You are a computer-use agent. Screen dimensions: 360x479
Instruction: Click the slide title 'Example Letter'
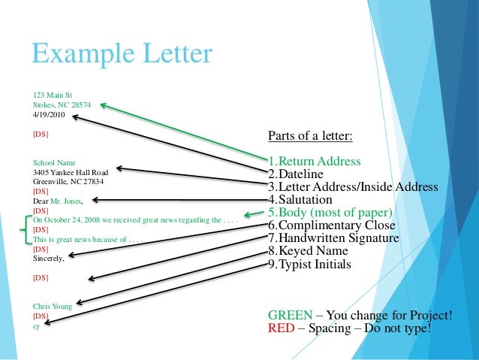pos(122,54)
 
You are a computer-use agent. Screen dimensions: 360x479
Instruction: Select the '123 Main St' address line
pos(52,95)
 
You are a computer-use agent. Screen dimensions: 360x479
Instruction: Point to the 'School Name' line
pos(54,162)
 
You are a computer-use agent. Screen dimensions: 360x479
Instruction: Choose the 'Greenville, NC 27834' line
pos(68,182)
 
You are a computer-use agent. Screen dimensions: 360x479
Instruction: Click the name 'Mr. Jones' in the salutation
pos(67,201)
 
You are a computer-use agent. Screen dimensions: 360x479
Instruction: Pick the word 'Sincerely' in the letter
pos(48,259)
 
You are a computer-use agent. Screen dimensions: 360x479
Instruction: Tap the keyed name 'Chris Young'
pos(52,307)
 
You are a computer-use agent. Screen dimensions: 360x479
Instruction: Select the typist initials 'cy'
pos(36,325)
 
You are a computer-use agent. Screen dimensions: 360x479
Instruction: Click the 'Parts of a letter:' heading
pos(310,136)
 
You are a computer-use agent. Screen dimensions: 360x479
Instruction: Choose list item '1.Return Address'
pos(314,162)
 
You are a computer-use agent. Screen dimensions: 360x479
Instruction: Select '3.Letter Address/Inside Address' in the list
pos(353,187)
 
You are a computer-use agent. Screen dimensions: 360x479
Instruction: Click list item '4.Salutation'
pos(300,200)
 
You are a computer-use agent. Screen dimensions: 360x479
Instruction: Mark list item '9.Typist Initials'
pos(309,264)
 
